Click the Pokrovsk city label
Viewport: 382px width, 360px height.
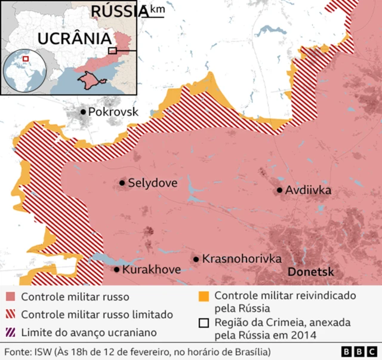point(113,112)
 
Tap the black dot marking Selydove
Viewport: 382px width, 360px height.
point(122,183)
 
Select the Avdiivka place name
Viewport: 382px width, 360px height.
point(307,190)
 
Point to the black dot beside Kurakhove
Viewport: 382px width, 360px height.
point(117,270)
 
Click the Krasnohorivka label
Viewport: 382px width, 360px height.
point(242,259)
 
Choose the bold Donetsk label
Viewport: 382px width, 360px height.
point(310,272)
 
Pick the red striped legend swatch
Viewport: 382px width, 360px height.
point(10,314)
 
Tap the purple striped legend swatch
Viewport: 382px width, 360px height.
point(10,332)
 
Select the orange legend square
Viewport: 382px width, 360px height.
point(204,296)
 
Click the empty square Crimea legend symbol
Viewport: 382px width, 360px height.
point(204,323)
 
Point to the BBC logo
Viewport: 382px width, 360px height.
point(359,351)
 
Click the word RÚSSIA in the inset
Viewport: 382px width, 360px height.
point(119,11)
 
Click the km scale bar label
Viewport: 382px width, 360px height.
point(158,9)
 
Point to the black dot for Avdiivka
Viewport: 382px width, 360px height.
point(279,190)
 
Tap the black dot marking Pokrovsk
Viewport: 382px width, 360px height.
point(82,112)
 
